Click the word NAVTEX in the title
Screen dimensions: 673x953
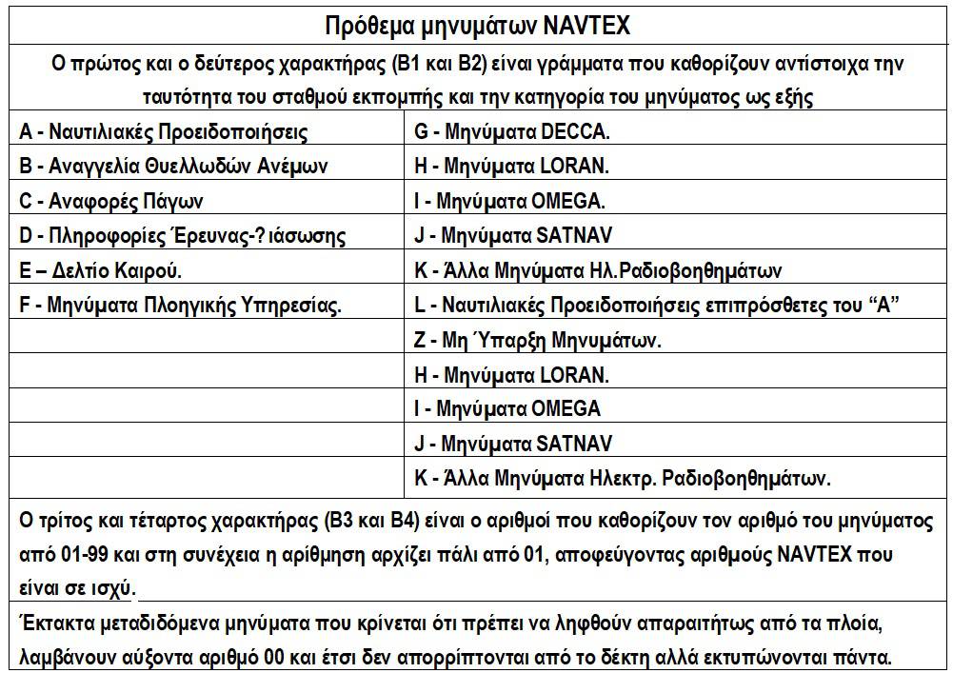tap(586, 25)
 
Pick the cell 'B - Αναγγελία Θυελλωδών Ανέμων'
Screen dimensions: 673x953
tap(173, 166)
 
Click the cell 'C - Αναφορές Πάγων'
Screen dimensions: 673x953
tap(111, 201)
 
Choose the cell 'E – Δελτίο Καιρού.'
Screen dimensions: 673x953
tap(101, 270)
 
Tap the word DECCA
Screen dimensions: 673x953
tap(574, 131)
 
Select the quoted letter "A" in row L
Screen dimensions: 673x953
tap(885, 305)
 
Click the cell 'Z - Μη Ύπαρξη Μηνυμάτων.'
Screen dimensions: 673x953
tap(538, 340)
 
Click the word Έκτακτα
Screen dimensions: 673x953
tap(55, 624)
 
